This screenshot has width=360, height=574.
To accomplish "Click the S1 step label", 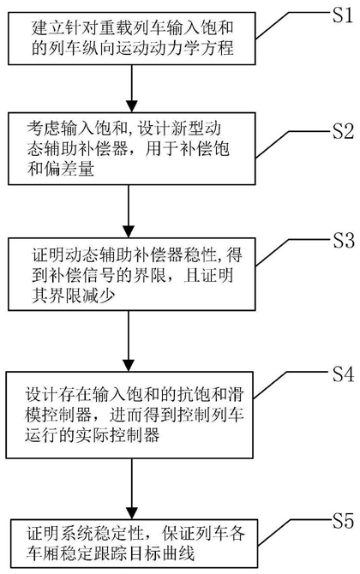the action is (x=343, y=15).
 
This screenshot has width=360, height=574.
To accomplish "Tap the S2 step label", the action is (x=343, y=131).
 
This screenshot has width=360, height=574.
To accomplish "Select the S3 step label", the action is (x=343, y=240).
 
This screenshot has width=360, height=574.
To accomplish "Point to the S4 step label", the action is (x=343, y=374).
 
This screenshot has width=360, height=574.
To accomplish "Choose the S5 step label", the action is (x=343, y=520).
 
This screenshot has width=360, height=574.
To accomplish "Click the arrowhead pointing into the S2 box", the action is (x=131, y=105).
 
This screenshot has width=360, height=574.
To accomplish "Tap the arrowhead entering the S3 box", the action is (x=129, y=231).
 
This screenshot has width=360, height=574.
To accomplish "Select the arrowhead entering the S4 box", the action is (x=129, y=365).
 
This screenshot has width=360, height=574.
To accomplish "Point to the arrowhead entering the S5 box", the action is (x=131, y=512).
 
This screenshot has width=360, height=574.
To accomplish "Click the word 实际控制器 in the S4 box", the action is (x=118, y=435).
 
